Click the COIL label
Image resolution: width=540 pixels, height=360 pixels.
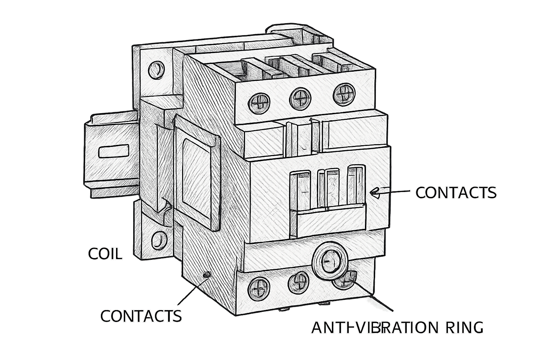(105, 254)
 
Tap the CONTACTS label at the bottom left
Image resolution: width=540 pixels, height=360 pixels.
(141, 316)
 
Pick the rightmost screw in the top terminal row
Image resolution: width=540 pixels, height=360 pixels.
(344, 94)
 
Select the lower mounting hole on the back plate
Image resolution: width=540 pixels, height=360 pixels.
(160, 241)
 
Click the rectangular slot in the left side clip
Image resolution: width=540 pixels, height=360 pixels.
(114, 152)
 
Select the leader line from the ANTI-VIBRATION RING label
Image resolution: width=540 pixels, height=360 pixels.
(372, 296)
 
